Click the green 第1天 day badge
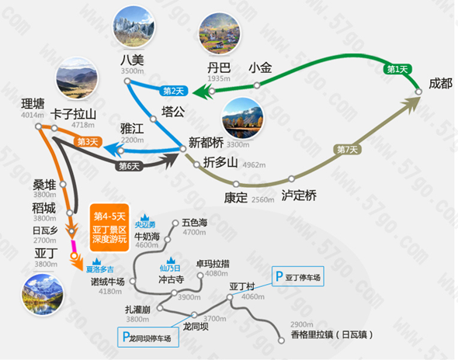[397, 69]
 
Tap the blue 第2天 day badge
[174, 91]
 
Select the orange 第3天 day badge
[88, 142]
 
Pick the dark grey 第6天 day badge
[129, 167]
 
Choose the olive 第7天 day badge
[347, 150]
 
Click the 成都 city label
[440, 84]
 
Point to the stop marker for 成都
[418, 92]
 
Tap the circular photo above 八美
[134, 26]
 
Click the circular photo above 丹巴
[220, 33]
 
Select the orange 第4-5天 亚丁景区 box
[109, 228]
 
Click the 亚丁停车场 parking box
[298, 276]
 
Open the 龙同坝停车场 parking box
[148, 337]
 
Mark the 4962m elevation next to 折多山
[254, 165]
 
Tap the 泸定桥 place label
[299, 196]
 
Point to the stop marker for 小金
[257, 85]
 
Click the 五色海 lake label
[195, 223]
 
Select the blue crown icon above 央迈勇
[145, 218]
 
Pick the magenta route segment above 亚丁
[73, 247]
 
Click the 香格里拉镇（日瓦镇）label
[331, 334]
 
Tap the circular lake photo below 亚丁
[43, 295]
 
